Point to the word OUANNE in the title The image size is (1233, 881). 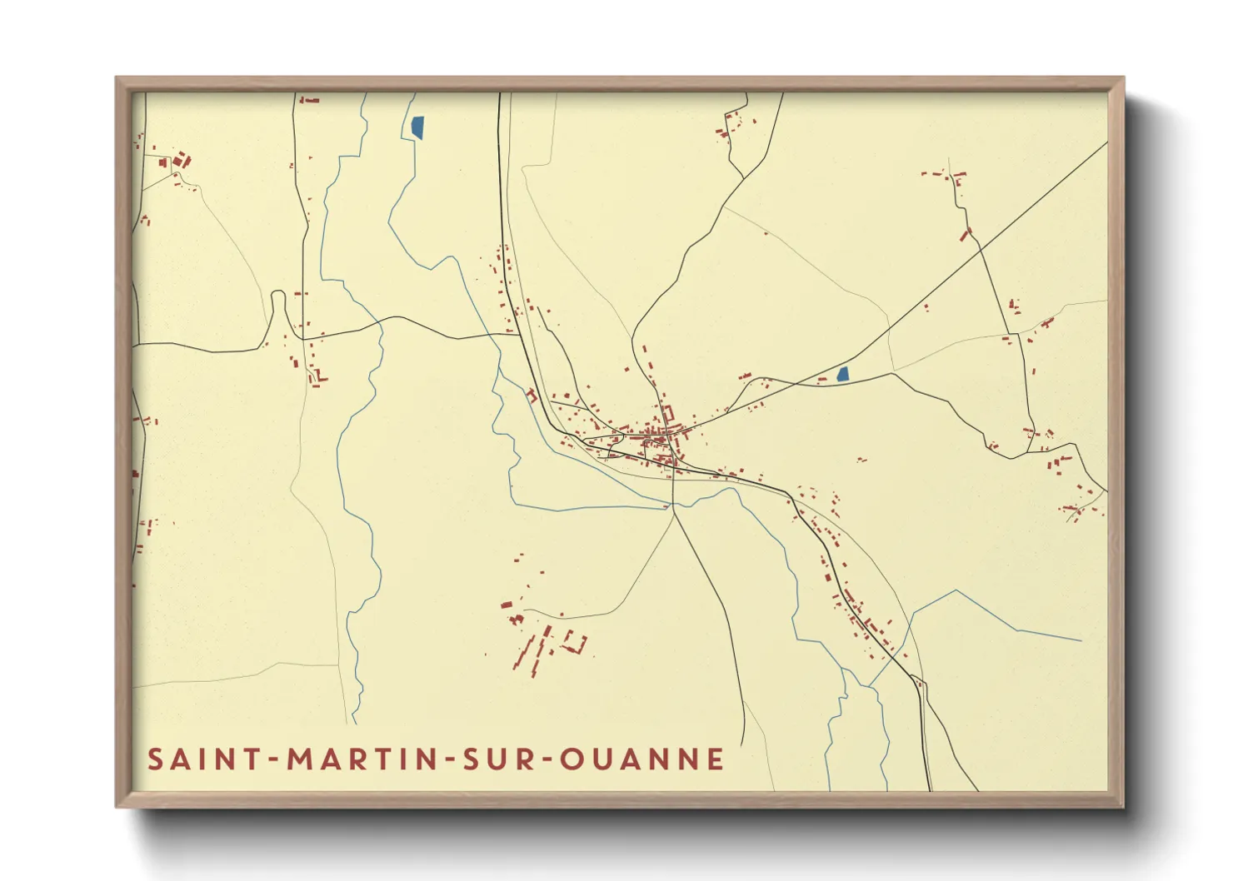[x=642, y=759]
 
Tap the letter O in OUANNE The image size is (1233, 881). [x=572, y=759]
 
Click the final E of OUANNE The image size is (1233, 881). [x=716, y=759]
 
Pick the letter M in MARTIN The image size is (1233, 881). [x=300, y=759]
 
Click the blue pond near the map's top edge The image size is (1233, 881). [x=417, y=127]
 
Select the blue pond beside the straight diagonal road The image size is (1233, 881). [x=842, y=375]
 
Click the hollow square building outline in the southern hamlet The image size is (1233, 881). [x=574, y=642]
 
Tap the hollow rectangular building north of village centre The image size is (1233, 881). [x=667, y=412]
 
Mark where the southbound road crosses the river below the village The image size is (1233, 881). [x=671, y=504]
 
